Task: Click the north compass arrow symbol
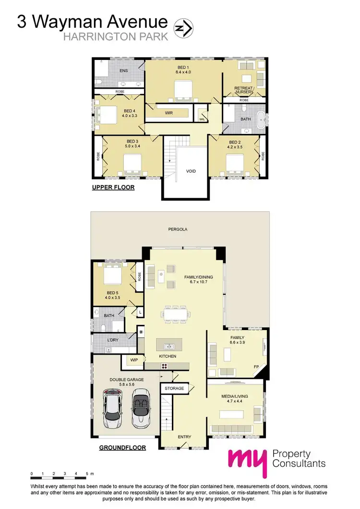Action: pos(183,29)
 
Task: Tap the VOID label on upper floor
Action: pos(191,171)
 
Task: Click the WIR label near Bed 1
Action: pos(169,113)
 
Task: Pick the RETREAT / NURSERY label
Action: pos(244,90)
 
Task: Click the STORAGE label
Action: pos(174,388)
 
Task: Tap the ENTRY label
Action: pos(184,437)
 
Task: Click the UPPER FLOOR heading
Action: pos(113,188)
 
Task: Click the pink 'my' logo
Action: pos(246,461)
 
